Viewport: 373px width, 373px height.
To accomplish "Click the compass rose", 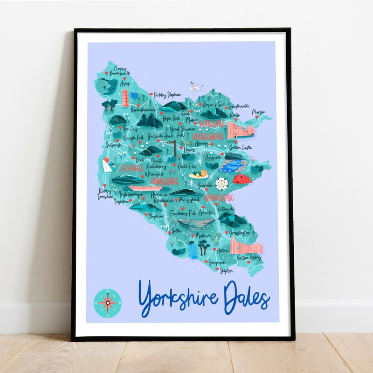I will click(x=107, y=303).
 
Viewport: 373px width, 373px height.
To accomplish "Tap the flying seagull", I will click(x=196, y=87).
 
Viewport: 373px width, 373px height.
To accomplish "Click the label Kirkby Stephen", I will click(x=167, y=94).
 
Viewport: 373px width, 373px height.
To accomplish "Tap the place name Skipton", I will click(x=225, y=270).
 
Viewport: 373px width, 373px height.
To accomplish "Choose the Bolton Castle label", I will click(x=242, y=148).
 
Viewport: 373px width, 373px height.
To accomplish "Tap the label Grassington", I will click(x=239, y=232).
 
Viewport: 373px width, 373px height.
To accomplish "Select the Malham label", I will click(x=202, y=236).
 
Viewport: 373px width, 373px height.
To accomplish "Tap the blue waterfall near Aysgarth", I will click(x=233, y=165).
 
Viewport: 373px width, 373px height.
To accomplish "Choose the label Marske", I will click(x=259, y=112).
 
